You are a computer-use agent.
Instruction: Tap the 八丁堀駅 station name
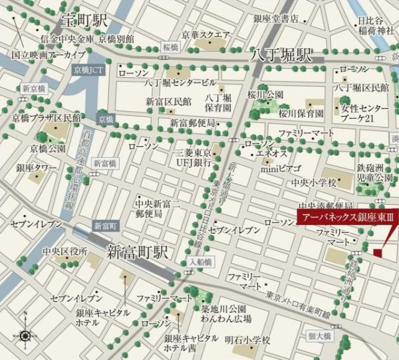(x=279, y=55)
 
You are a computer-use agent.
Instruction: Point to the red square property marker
(x=378, y=252)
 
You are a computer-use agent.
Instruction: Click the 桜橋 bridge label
(x=171, y=48)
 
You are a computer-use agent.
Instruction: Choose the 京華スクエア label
(x=206, y=35)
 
